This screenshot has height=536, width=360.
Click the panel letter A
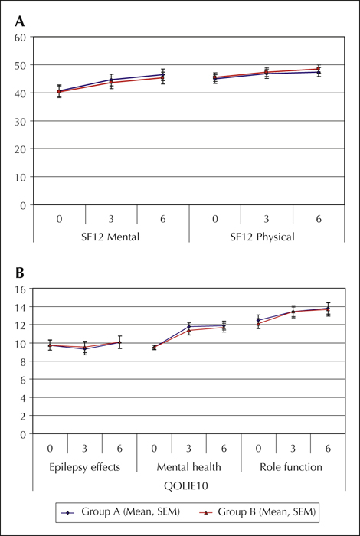pos(19,22)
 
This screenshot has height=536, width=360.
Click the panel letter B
pos(19,274)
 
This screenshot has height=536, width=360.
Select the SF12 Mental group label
pos(111,237)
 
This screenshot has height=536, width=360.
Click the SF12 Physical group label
pos(267,237)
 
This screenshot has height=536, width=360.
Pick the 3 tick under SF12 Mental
pos(111,219)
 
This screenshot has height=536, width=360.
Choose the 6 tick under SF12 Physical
pos(319,219)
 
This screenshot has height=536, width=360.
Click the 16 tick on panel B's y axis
pos(22,289)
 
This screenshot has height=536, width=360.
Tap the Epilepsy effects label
pos(85,467)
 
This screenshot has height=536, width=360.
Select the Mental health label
pos(189,467)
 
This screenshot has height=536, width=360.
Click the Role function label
pos(293,467)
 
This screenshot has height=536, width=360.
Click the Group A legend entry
pos(121,511)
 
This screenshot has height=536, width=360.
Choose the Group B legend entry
pos(257,511)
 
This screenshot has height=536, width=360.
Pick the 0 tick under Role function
pos(258,449)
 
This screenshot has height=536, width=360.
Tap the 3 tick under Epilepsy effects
pos(85,449)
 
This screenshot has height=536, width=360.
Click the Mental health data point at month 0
pos(154,348)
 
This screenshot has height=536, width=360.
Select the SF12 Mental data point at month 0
pos(59,91)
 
